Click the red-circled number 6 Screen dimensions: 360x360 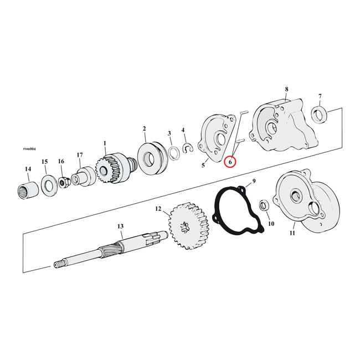[230, 162]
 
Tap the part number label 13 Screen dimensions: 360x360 [120, 226]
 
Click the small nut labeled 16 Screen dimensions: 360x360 [64, 181]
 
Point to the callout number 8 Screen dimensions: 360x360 [286, 89]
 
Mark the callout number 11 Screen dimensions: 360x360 [292, 233]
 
